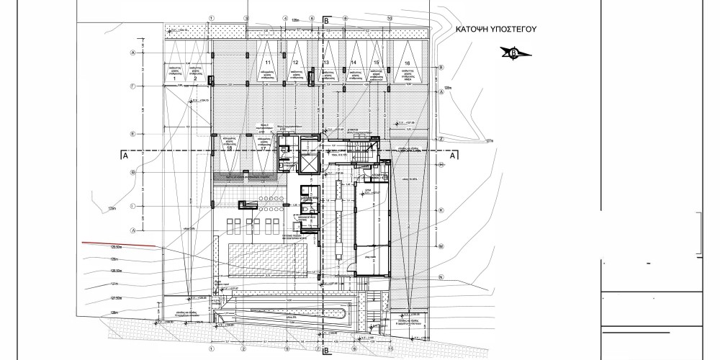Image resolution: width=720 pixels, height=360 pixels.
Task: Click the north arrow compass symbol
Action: (x=513, y=52)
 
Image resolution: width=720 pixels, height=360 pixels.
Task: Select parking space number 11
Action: (x=268, y=63)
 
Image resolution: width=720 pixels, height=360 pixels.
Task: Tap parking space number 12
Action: (x=295, y=63)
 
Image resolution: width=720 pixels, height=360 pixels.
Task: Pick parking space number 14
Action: (x=354, y=63)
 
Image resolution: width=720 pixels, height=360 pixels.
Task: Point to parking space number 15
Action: (x=377, y=63)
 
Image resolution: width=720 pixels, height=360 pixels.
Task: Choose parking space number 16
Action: (x=408, y=63)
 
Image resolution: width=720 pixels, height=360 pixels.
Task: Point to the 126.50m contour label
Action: (x=114, y=271)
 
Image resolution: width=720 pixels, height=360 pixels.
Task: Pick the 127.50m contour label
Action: (x=114, y=295)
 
